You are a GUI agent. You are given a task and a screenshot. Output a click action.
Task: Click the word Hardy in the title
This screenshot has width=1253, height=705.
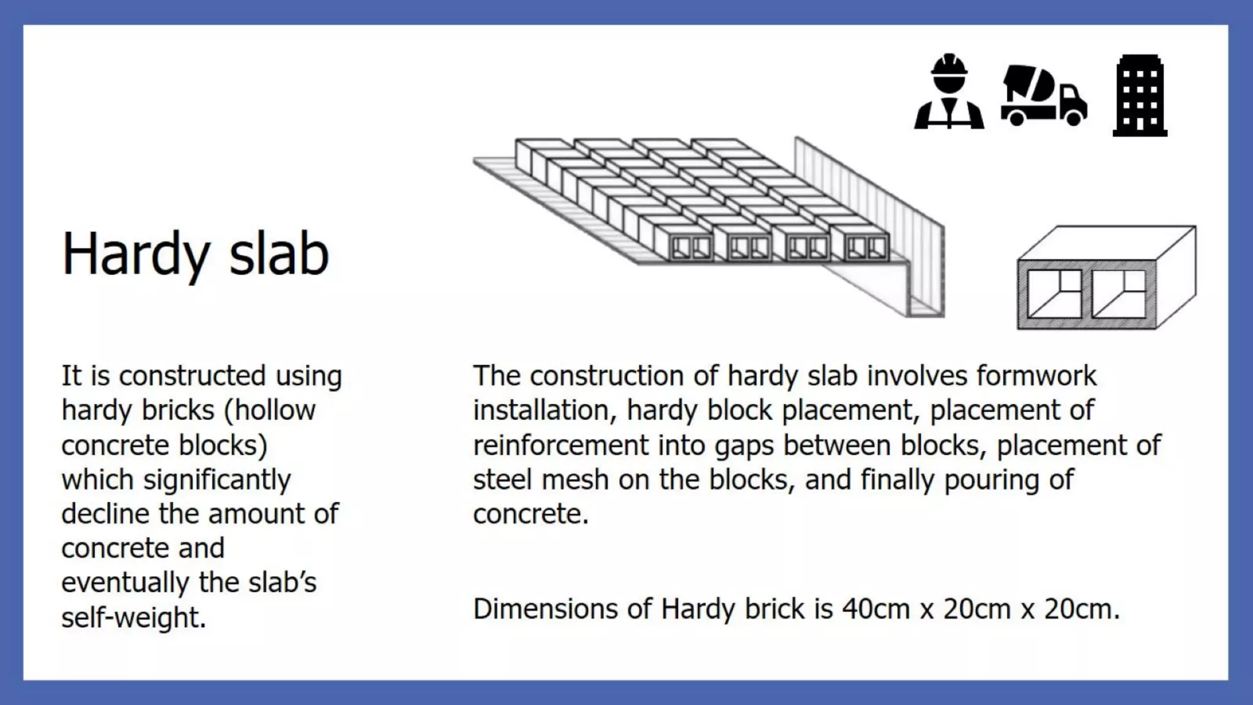coord(136,255)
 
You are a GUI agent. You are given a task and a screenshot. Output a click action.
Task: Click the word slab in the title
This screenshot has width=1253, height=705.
coord(279,253)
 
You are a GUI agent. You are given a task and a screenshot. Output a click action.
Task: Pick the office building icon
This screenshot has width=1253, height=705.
coord(1140,95)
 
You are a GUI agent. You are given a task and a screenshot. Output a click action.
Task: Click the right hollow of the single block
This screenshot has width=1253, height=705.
coord(1118,294)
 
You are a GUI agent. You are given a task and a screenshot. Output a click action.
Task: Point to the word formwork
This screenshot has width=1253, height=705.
coord(1036,376)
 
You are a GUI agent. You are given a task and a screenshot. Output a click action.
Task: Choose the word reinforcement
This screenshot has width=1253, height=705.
coord(560,445)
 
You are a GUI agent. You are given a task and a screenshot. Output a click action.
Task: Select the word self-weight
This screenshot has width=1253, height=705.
coord(133,617)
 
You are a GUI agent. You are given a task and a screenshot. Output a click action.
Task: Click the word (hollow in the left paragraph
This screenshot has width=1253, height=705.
coord(269,410)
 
